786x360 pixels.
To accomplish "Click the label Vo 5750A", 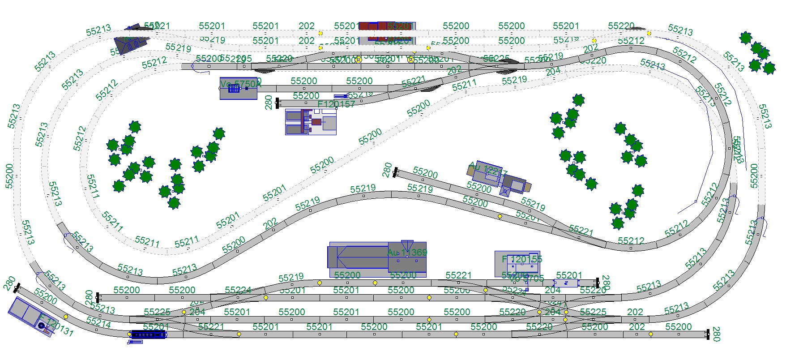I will coord(240,84).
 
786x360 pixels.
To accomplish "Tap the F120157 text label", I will coord(336,104).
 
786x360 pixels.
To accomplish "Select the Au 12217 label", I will coord(488,170).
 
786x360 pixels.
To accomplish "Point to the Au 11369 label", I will coord(407,253).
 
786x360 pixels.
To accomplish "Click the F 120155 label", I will coord(522,259).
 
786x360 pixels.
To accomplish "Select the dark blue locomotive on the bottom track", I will coord(148,334).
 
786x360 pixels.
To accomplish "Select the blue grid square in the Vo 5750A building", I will coord(234,88).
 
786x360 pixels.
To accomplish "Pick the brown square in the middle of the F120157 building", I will coord(316,122).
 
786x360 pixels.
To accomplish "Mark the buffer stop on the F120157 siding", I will coord(278,103).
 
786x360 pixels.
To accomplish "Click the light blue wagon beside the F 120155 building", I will coord(566,283).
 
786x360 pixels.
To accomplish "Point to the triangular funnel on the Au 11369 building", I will coord(407,246).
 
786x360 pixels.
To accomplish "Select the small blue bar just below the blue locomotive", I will coord(135,342).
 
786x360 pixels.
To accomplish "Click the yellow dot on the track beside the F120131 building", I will coord(66,317).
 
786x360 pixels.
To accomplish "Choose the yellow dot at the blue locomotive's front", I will coord(130,334).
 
